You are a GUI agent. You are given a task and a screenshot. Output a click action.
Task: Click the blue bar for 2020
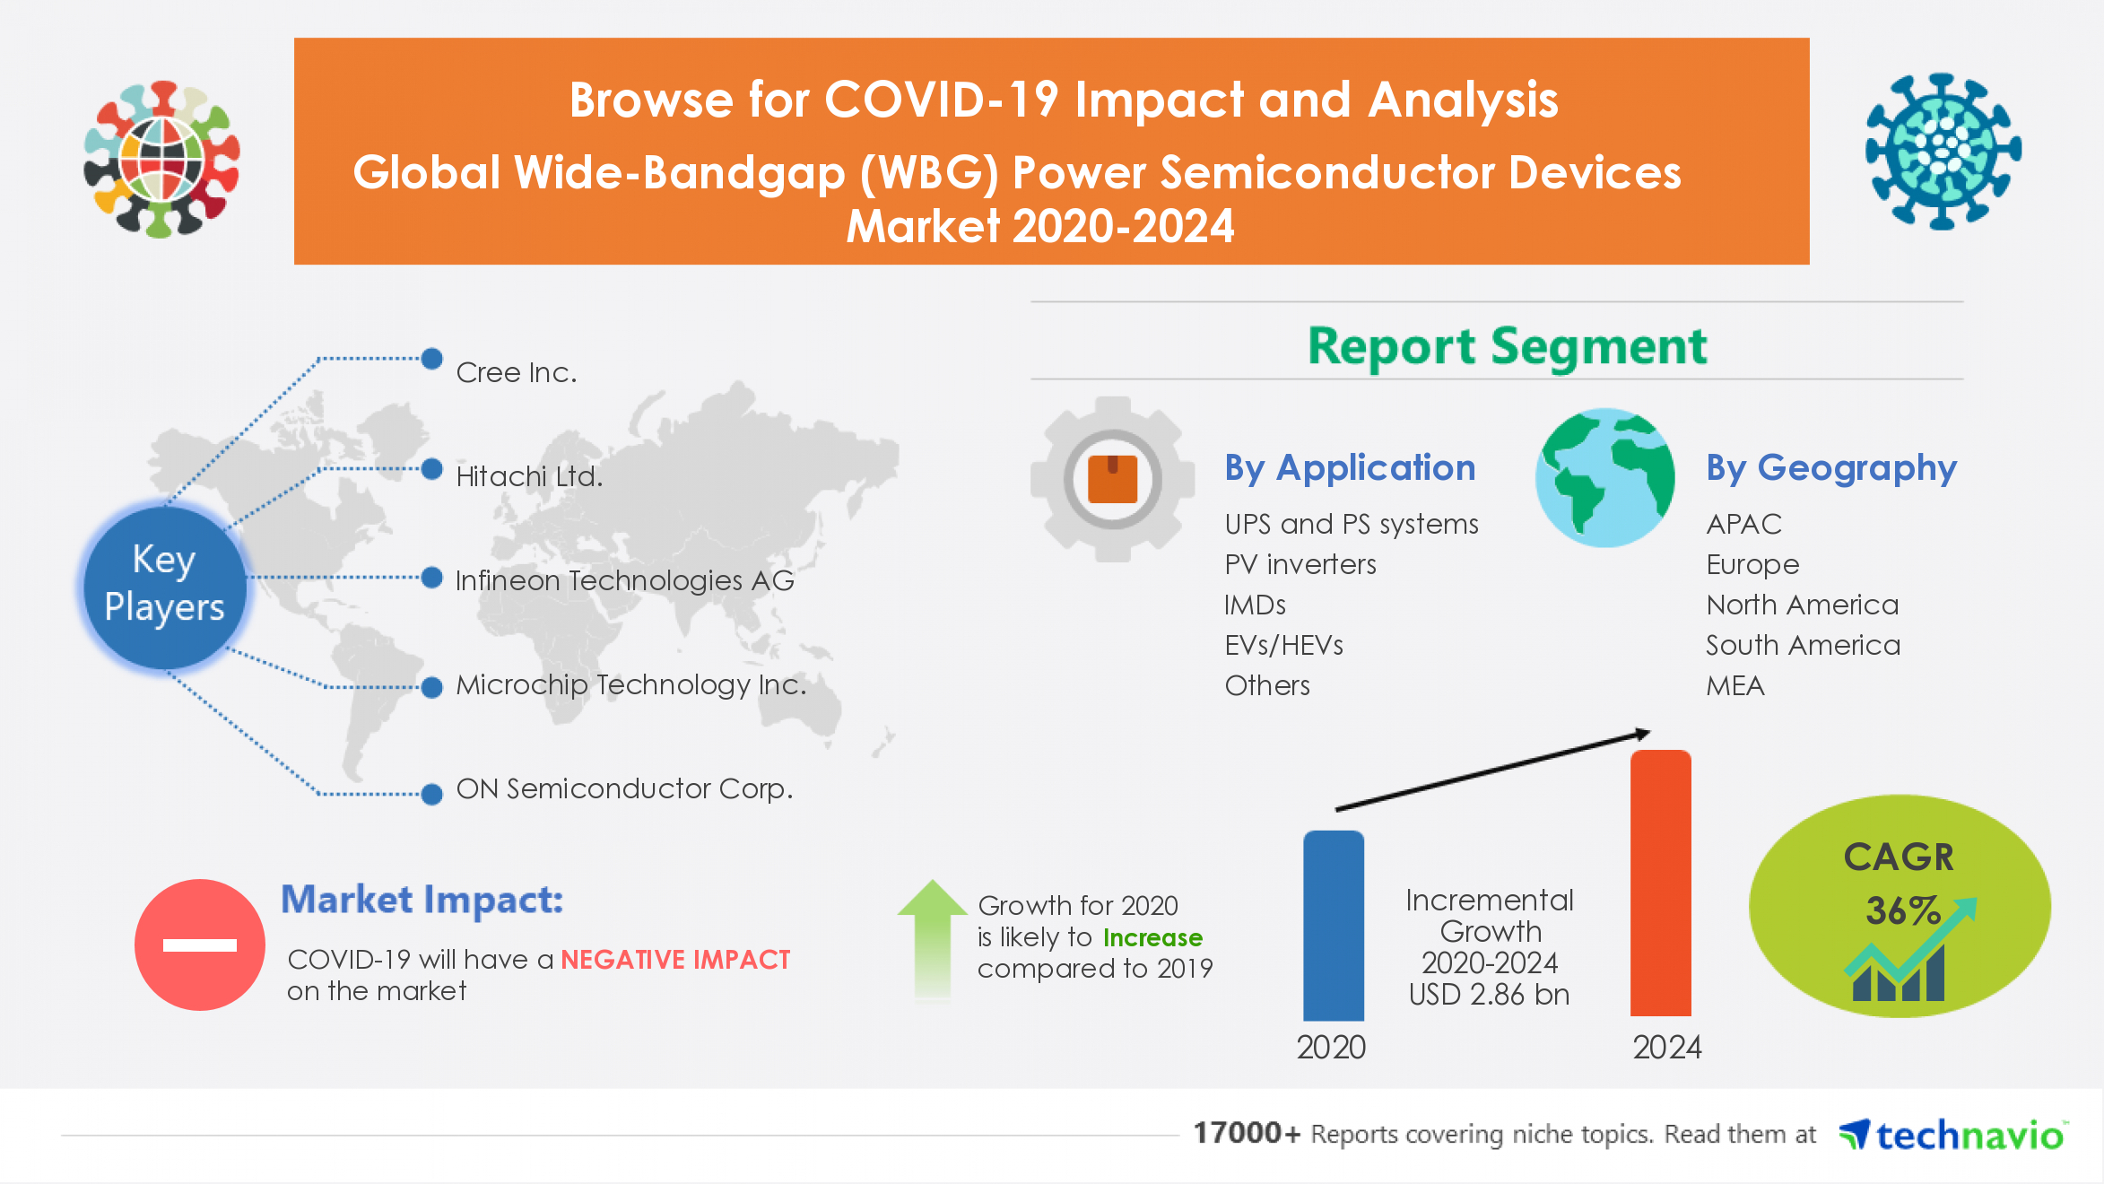[1333, 926]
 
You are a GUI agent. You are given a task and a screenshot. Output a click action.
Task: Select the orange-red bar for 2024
[1660, 884]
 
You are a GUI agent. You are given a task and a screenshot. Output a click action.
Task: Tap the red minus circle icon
[199, 945]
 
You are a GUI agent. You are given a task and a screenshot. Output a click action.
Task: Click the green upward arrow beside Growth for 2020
[932, 937]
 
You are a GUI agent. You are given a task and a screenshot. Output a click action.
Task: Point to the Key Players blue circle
[165, 585]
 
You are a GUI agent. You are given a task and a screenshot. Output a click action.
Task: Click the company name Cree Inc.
[516, 372]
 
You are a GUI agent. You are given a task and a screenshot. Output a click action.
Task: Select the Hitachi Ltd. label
[529, 476]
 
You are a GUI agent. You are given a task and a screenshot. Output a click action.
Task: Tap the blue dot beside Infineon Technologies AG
[432, 578]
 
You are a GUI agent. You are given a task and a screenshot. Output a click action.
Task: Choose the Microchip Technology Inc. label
[630, 684]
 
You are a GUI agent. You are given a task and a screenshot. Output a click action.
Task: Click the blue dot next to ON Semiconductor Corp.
[432, 794]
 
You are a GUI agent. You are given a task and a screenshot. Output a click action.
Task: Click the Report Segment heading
[1507, 346]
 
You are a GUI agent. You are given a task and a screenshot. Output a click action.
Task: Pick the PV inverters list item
[1300, 564]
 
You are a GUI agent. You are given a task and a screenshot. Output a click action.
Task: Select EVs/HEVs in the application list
[1283, 645]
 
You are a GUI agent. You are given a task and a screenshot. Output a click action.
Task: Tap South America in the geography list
[1803, 645]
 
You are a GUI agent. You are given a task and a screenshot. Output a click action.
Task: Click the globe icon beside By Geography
[1604, 478]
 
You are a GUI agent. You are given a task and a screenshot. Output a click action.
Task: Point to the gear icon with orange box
[1112, 479]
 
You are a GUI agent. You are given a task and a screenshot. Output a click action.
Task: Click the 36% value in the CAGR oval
[1901, 910]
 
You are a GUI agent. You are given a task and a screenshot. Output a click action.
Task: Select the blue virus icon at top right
[1943, 151]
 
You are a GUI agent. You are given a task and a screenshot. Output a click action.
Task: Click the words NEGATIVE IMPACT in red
[675, 960]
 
